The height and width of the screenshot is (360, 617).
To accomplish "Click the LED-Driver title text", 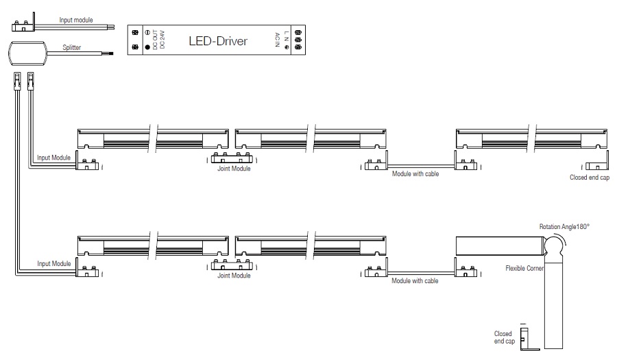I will pos(218,41).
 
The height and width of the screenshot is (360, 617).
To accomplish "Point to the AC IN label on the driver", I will pos(276,40).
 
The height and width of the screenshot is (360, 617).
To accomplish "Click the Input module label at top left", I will pos(76,21).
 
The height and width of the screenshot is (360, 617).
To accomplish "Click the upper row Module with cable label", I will pos(415,174).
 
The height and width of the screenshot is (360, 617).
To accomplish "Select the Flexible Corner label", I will pos(524,268).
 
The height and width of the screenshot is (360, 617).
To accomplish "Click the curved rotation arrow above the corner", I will pos(561,239).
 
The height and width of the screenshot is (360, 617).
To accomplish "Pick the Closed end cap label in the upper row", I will pos(590,177).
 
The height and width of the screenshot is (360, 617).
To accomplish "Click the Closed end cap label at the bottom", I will pos(503,337).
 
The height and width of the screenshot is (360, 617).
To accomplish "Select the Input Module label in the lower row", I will pos(54,263).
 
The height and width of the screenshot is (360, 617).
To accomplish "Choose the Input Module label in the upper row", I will pos(54,157).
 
